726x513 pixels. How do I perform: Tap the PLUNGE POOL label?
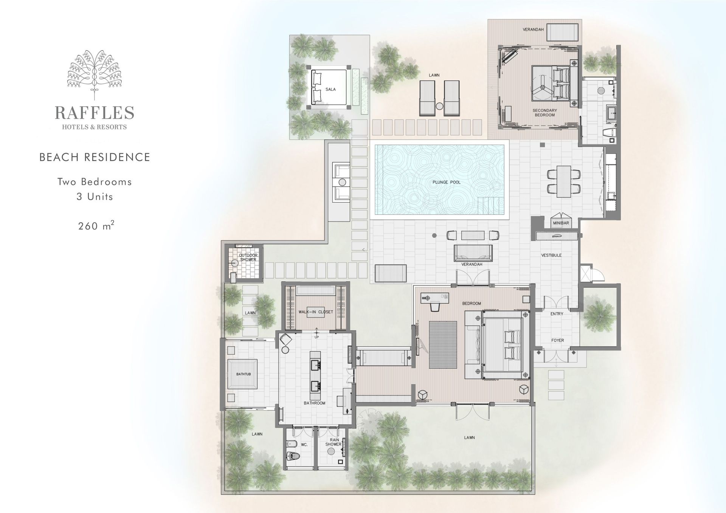tap(447, 182)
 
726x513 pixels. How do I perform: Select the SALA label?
tap(330, 90)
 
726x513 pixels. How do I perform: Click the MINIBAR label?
tap(561, 223)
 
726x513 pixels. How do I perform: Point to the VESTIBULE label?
tap(551, 255)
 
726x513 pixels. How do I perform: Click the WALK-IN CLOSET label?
tap(316, 312)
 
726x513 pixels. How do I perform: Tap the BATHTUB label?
tap(244, 374)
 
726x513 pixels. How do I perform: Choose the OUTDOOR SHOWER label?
tap(248, 257)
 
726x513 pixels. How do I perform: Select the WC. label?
tap(304, 445)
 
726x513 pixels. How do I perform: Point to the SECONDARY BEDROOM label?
tap(545, 113)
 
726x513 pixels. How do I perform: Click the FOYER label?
tap(557, 340)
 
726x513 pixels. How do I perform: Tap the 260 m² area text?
tap(96, 226)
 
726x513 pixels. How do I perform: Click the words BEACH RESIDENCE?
tap(95, 157)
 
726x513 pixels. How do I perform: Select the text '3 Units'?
tap(95, 197)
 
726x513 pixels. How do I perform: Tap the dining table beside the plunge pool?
tap(563, 181)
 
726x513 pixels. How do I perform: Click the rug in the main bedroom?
tap(443, 344)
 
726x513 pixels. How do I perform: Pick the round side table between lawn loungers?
tap(439, 106)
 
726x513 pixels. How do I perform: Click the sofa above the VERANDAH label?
tap(473, 253)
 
